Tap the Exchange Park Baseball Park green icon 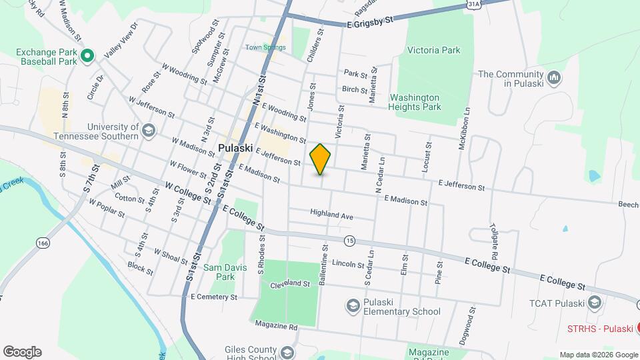[x=87, y=57]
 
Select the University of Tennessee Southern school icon [x=147, y=130]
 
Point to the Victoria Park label [x=434, y=50]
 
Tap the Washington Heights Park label [x=415, y=101]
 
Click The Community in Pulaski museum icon [x=553, y=79]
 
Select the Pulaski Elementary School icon [x=352, y=306]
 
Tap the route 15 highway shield [x=349, y=240]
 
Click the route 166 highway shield [x=43, y=243]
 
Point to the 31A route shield [x=473, y=4]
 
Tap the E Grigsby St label [x=370, y=23]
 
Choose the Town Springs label [x=265, y=47]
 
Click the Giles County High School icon [x=287, y=352]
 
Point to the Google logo [x=22, y=352]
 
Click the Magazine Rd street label [x=276, y=327]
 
